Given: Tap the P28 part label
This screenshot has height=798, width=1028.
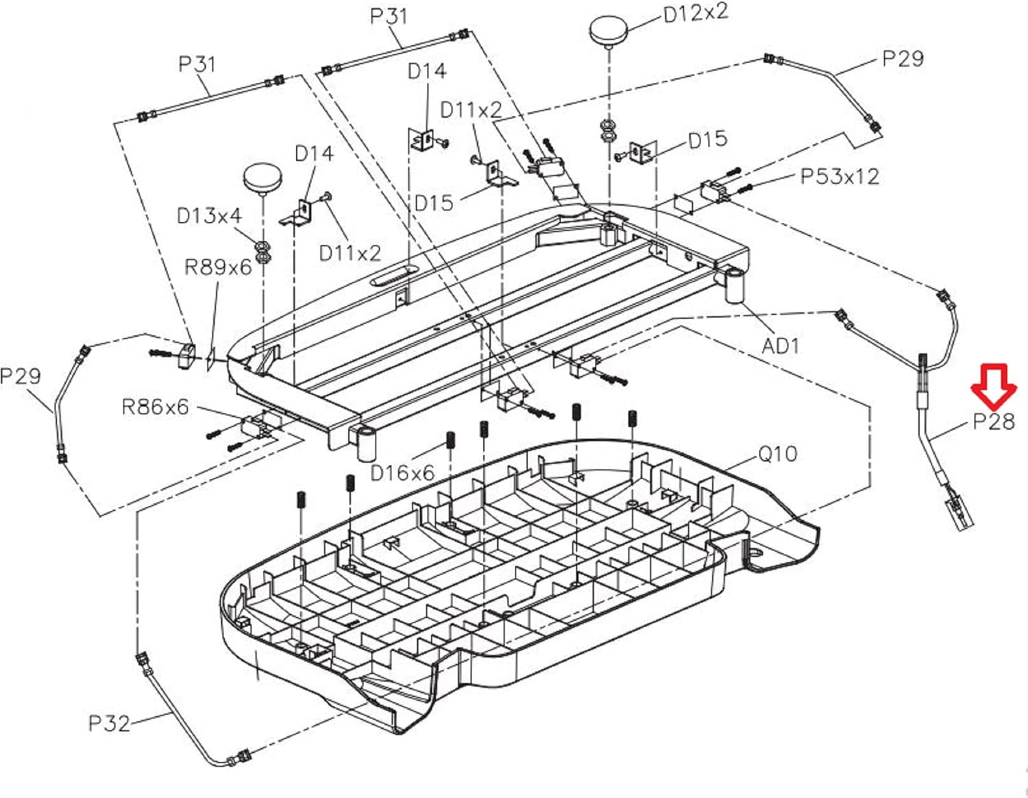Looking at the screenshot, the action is pyautogui.click(x=994, y=421).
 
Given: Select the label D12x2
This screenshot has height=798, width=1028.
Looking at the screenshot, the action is pyautogui.click(x=696, y=13).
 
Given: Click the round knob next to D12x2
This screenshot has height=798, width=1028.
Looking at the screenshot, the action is pyautogui.click(x=609, y=32).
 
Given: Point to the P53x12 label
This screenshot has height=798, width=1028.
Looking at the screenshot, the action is pyautogui.click(x=840, y=176).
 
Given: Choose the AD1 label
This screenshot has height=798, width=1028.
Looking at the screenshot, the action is pyautogui.click(x=781, y=346).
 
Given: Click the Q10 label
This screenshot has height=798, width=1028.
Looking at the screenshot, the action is pyautogui.click(x=778, y=454).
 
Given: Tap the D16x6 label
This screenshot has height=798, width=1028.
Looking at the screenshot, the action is pyautogui.click(x=402, y=472).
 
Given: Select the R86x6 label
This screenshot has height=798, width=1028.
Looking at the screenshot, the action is pyautogui.click(x=155, y=407).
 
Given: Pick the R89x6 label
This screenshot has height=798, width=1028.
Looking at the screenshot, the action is pyautogui.click(x=218, y=267).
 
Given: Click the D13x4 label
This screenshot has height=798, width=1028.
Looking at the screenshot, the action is pyautogui.click(x=209, y=216).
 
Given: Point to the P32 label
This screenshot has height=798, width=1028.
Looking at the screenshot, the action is pyautogui.click(x=109, y=723).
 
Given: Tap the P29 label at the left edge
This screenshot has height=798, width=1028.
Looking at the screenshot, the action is pyautogui.click(x=21, y=376).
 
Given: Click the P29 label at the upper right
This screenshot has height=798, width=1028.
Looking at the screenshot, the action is pyautogui.click(x=903, y=59).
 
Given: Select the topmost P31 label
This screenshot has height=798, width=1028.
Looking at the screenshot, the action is pyautogui.click(x=388, y=16).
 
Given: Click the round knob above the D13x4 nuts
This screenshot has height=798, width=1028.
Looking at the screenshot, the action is pyautogui.click(x=263, y=179).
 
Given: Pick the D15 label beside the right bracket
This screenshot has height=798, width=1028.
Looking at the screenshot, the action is pyautogui.click(x=708, y=139).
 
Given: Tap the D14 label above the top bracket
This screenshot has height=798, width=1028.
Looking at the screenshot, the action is pyautogui.click(x=427, y=71).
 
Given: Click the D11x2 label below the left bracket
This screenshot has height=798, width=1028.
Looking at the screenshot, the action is pyautogui.click(x=350, y=254).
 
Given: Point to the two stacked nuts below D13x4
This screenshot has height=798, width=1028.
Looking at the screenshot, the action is pyautogui.click(x=262, y=252).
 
